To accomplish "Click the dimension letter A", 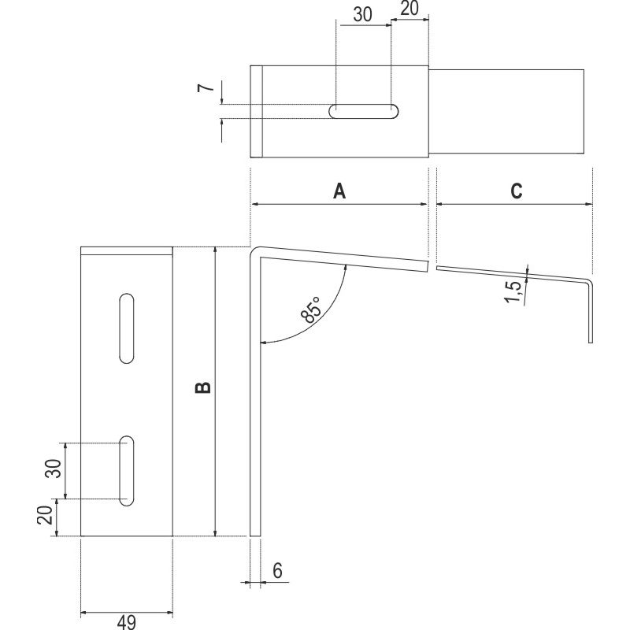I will pos(339,191).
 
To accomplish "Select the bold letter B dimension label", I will pos(203,387).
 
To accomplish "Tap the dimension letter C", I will pos(516,191).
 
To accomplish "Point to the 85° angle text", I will pos(310,309).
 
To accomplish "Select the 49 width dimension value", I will pos(125,622).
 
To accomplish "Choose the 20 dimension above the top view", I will pos(410,10).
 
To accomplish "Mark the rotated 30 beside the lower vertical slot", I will pos(53,469).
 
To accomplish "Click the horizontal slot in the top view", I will pos(363,111).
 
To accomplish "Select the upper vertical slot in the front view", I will pos(125,328).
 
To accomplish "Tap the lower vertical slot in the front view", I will pos(125,469).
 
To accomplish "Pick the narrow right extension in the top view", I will pos(509,111).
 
